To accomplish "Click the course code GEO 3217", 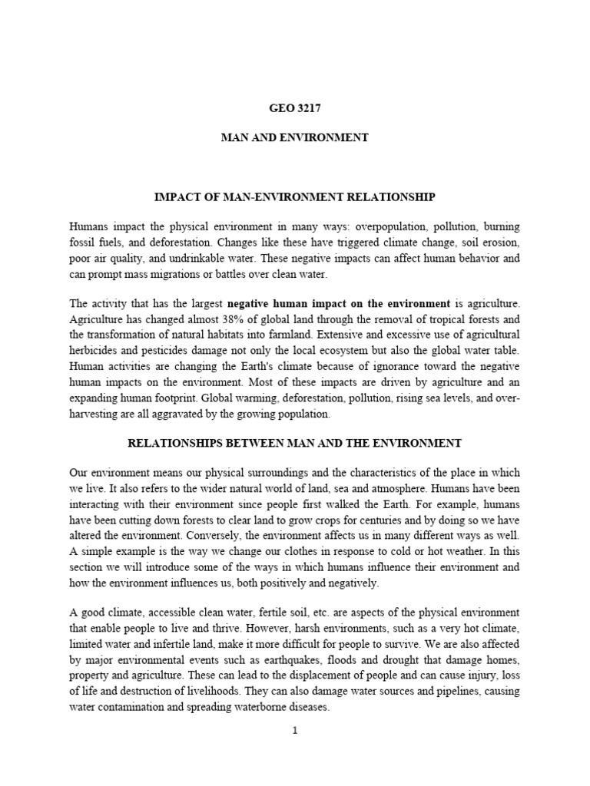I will [x=294, y=108].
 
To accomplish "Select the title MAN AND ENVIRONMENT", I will [x=294, y=138].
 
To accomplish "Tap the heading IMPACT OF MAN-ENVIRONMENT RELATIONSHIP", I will [x=294, y=197].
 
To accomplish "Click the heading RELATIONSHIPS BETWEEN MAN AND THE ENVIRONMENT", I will [x=294, y=443].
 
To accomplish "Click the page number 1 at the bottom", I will [x=294, y=730].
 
